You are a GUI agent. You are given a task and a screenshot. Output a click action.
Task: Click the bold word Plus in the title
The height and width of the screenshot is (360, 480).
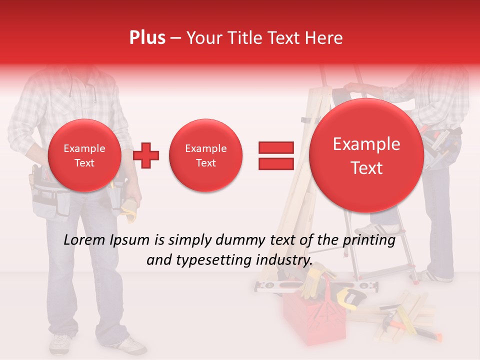[x=147, y=38]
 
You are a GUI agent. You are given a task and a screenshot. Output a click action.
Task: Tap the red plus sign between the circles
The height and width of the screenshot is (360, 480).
[x=146, y=155]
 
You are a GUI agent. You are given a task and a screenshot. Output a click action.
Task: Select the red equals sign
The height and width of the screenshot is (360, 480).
[x=275, y=155]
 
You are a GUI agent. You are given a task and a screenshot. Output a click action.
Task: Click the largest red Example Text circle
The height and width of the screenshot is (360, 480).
[x=366, y=155]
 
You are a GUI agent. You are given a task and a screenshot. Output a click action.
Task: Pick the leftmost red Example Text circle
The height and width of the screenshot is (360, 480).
[x=84, y=155]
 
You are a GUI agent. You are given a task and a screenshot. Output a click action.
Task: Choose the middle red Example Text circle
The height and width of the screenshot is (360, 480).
[x=205, y=155]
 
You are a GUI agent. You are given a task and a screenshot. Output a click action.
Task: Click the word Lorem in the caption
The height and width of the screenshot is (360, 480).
[x=83, y=240]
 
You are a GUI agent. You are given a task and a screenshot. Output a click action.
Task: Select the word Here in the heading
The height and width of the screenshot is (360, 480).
[x=325, y=38]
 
